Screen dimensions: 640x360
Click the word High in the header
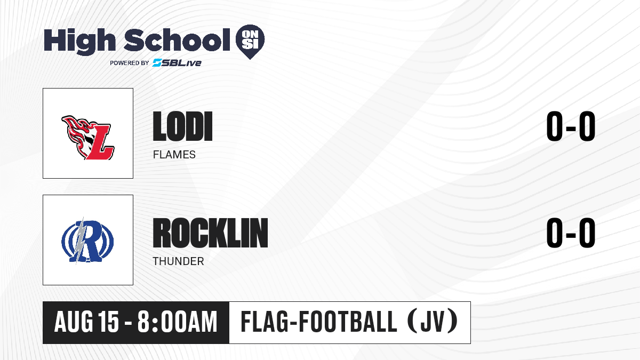(79, 41)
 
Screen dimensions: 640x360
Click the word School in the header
(177, 40)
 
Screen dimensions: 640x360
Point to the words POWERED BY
(130, 63)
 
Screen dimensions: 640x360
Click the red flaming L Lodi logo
(88, 138)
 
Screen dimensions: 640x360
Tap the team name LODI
(182, 126)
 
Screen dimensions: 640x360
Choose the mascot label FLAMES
(174, 155)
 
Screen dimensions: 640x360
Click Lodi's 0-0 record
(571, 126)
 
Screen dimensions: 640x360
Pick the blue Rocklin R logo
(87, 241)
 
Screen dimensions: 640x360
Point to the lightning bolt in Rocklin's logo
(81, 240)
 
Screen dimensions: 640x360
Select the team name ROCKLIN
(210, 233)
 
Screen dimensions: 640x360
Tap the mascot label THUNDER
(178, 261)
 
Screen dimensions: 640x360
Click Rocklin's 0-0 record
(571, 233)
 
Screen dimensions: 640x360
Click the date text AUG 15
(86, 322)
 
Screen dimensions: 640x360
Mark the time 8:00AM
(178, 322)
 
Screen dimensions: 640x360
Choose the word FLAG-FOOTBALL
(318, 322)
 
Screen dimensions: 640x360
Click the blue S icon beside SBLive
(157, 63)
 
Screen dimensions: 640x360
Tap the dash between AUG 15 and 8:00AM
(128, 323)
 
